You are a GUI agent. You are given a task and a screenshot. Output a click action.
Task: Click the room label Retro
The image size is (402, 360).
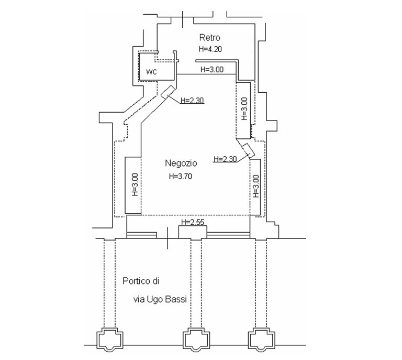coord(210,37)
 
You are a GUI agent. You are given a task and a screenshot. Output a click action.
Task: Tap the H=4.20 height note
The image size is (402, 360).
coord(210,49)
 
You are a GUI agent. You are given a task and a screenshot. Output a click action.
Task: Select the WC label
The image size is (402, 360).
coord(151,72)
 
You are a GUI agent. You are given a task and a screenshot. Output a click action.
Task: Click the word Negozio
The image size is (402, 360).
coord(181,163)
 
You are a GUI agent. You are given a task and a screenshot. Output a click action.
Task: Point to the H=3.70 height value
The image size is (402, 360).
coord(181,176)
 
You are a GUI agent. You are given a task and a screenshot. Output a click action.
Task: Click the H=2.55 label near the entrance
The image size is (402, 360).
coord(193,222)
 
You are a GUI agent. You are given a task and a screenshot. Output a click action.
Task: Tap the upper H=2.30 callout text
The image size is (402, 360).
coord(192,100)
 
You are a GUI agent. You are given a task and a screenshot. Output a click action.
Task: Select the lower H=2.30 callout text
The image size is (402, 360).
coord(225,159)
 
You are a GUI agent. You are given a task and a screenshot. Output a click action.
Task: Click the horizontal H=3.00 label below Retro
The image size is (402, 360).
coord(212,69)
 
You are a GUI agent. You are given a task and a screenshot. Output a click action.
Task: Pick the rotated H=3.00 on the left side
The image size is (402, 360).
coord(135,185)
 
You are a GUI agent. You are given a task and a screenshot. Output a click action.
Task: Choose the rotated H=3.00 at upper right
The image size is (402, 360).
coord(244,108)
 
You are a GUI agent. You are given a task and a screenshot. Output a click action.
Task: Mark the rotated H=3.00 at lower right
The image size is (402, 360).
coord(256,186)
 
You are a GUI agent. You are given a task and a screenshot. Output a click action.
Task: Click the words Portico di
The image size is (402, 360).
coord(141,281)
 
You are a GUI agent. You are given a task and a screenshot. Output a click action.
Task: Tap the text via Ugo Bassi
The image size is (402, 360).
coord(160,299)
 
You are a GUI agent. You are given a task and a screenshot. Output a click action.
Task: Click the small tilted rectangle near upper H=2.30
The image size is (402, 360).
coord(168,91)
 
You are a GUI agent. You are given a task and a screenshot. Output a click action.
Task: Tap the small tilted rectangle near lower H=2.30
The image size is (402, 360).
coord(248,150)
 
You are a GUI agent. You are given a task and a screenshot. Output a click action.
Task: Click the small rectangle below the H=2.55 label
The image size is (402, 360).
coord(193,232)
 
